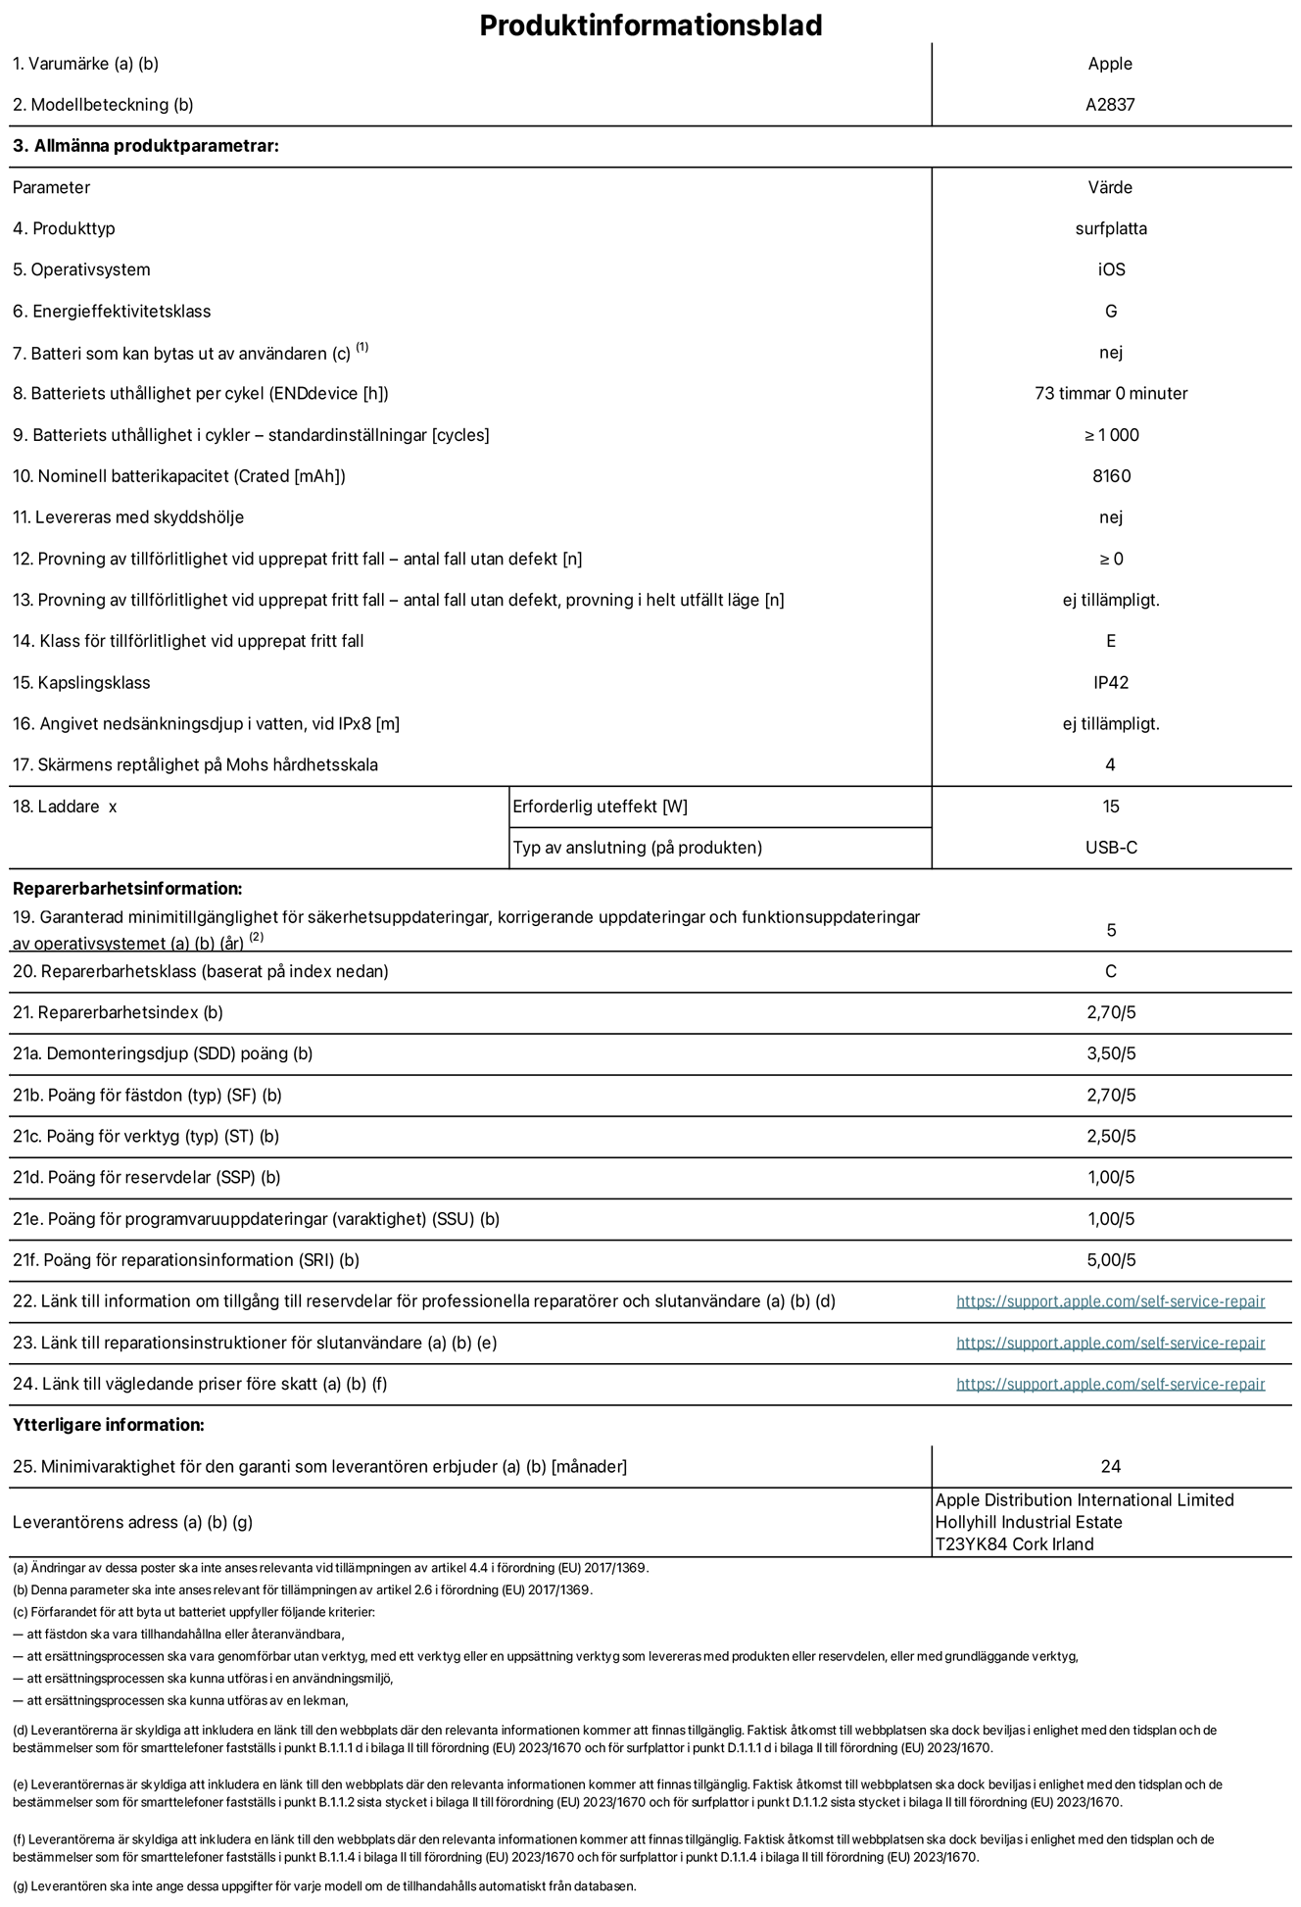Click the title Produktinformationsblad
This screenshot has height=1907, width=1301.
pyautogui.click(x=650, y=25)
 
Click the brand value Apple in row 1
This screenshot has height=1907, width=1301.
pyautogui.click(x=1110, y=64)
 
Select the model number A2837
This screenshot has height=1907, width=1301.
pyautogui.click(x=1110, y=105)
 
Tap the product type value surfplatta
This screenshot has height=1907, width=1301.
pyautogui.click(x=1111, y=228)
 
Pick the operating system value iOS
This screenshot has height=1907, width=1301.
pyautogui.click(x=1111, y=269)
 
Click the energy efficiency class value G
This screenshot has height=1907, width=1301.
pyautogui.click(x=1111, y=311)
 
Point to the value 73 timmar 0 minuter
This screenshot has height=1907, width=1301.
pyautogui.click(x=1111, y=393)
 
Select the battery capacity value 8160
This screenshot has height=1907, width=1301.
pyautogui.click(x=1111, y=476)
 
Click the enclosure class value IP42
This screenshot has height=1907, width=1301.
pyautogui.click(x=1111, y=682)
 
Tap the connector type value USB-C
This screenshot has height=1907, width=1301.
pyautogui.click(x=1111, y=848)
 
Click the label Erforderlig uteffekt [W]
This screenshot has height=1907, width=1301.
pyautogui.click(x=600, y=807)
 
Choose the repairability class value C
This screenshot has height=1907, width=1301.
pyautogui.click(x=1111, y=971)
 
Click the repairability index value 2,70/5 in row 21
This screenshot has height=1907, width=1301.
pyautogui.click(x=1111, y=1012)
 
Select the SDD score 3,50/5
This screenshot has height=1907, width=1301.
pyautogui.click(x=1111, y=1053)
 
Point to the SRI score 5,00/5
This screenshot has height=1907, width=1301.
pyautogui.click(x=1111, y=1260)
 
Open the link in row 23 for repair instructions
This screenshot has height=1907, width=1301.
pyautogui.click(x=1110, y=1343)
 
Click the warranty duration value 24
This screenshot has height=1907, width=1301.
pyautogui.click(x=1111, y=1466)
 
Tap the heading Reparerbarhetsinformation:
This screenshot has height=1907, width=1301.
pyautogui.click(x=127, y=889)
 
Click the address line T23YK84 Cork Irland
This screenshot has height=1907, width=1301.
pyautogui.click(x=1014, y=1543)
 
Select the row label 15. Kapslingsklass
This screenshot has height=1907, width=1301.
pyautogui.click(x=81, y=682)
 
